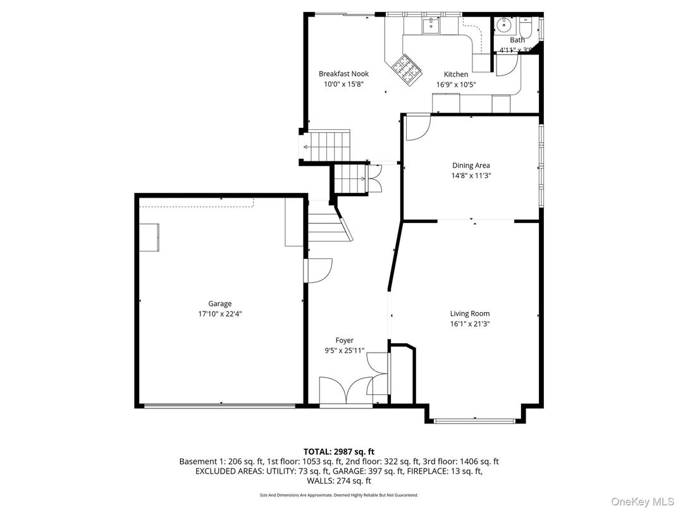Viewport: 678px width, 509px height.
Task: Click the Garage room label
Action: pos(220,303)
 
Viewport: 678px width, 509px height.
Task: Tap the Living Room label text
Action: pos(469,313)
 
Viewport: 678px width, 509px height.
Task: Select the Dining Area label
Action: pos(471,165)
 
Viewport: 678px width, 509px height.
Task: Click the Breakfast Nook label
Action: pos(343,74)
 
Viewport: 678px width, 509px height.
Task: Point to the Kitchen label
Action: pos(455,74)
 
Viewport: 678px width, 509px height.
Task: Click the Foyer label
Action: pos(344,340)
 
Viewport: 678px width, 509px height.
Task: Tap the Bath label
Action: pos(517,40)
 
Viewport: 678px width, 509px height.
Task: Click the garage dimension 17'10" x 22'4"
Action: pos(220,313)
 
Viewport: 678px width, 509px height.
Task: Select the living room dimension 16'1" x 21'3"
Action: pos(469,324)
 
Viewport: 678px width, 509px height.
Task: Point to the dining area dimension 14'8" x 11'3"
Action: pos(471,175)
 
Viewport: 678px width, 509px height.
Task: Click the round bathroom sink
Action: pos(505,26)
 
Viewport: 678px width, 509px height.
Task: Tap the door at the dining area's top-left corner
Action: pos(416,127)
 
